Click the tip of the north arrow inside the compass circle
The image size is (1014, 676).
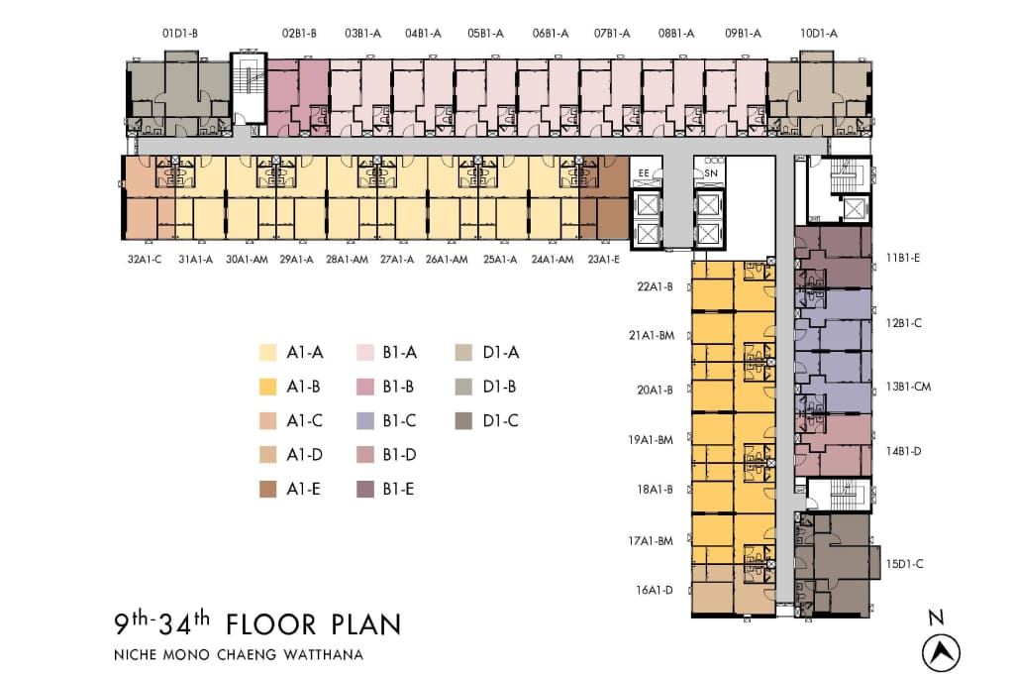(x=941, y=640)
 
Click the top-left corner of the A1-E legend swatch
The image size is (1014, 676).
(x=259, y=481)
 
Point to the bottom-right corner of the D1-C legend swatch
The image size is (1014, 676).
(x=472, y=430)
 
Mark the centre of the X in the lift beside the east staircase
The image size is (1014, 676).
(x=854, y=209)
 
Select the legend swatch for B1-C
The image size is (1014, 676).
(x=365, y=421)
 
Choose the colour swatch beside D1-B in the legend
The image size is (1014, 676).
(x=463, y=388)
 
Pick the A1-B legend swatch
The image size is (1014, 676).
(x=267, y=388)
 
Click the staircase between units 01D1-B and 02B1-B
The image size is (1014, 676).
(x=249, y=86)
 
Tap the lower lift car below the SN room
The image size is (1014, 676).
(x=708, y=234)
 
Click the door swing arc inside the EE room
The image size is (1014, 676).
(x=657, y=172)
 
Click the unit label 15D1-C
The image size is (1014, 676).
(x=904, y=564)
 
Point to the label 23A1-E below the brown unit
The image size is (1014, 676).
(x=603, y=260)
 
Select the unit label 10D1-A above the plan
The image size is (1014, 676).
(x=819, y=34)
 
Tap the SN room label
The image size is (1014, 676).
(x=711, y=172)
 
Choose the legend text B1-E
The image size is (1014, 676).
(x=398, y=490)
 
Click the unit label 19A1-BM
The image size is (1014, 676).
(x=651, y=440)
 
